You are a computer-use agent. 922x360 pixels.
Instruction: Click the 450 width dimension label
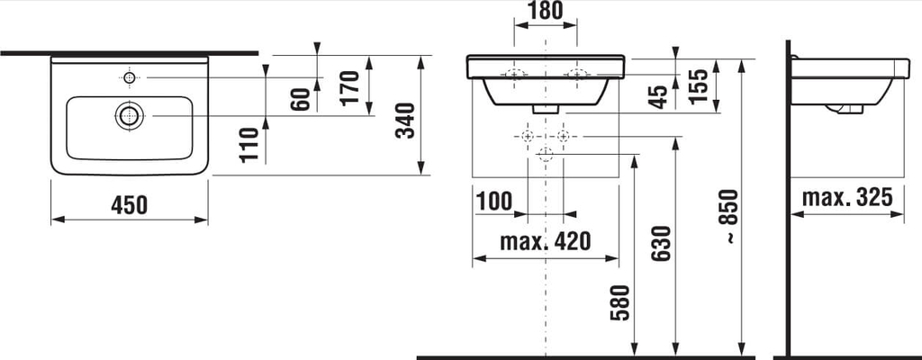[129, 205]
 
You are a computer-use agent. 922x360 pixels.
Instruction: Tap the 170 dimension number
[350, 87]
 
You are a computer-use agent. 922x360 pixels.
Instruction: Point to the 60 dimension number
[300, 99]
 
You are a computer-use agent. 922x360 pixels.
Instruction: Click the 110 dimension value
[249, 145]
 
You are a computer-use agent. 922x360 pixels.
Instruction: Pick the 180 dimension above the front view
[545, 10]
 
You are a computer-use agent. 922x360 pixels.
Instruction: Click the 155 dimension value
[698, 85]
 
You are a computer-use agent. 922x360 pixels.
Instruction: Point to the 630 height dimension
[661, 244]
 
